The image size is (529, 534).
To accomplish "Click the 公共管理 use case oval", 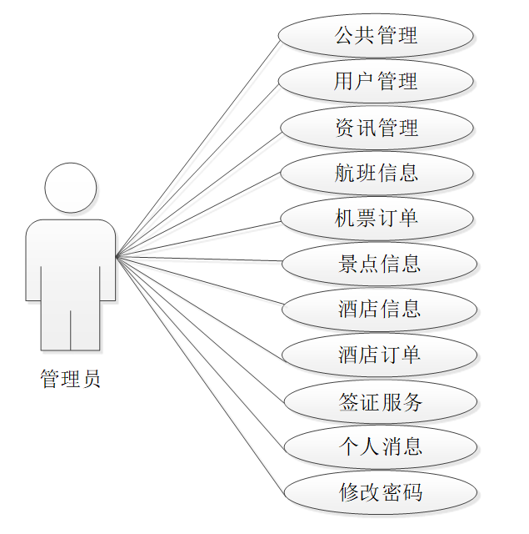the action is click(x=376, y=36).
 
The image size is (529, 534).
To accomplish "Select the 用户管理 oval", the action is click(x=376, y=82).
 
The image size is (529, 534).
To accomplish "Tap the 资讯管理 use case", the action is click(x=377, y=128).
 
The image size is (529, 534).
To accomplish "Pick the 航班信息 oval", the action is click(x=377, y=174).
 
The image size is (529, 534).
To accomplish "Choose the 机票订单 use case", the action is click(x=377, y=219).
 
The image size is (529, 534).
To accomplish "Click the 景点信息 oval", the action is click(x=379, y=264).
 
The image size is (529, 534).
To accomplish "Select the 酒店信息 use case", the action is click(x=379, y=310).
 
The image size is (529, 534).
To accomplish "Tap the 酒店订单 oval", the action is click(x=379, y=355).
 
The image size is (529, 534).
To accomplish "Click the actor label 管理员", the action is click(x=71, y=380).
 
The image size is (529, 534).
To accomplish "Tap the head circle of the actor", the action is click(x=71, y=187).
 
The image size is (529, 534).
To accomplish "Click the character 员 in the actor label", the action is click(x=91, y=380).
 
